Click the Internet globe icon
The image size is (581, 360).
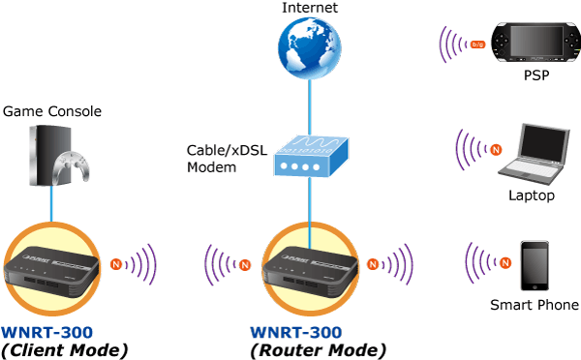(310, 47)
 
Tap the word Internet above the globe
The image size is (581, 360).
(310, 8)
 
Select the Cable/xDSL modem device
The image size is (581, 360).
(311, 156)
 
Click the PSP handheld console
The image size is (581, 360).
(536, 42)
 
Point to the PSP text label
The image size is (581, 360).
(536, 75)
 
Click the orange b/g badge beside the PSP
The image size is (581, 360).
(477, 45)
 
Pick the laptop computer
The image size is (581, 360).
(535, 155)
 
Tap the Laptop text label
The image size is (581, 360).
(532, 195)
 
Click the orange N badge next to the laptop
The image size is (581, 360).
(496, 150)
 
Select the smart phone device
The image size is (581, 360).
(535, 265)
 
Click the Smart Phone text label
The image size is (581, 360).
(535, 305)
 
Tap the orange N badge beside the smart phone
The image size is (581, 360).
(505, 262)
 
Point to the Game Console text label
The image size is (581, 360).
(52, 111)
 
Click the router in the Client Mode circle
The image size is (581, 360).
(50, 272)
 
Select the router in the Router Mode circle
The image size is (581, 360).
(310, 272)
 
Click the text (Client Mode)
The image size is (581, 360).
(65, 350)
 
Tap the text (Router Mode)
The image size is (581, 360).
(319, 350)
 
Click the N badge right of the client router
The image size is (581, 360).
(116, 264)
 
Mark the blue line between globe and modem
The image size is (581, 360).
(310, 107)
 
